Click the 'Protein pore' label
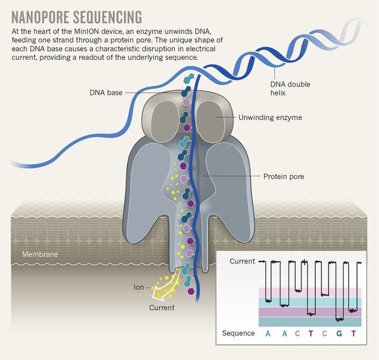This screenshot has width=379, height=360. point(283,177)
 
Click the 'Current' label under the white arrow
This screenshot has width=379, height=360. point(162,308)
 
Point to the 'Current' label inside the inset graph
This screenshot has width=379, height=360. point(243,261)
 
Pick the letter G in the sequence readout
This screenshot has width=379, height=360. point(342,333)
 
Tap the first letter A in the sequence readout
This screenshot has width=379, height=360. point(268,333)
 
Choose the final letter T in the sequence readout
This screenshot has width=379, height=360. point(362,333)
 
